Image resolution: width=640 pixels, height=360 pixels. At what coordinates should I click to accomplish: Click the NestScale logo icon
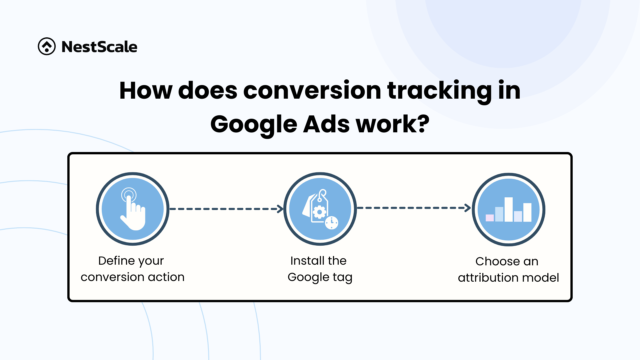47,46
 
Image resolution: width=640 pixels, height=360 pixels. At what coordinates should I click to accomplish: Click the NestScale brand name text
99,47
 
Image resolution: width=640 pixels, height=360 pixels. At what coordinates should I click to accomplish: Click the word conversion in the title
312,90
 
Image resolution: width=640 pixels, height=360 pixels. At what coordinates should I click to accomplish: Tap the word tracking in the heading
439,91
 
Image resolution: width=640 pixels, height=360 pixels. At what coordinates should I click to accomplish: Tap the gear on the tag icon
319,212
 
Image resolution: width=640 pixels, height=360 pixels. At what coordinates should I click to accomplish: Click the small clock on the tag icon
332,223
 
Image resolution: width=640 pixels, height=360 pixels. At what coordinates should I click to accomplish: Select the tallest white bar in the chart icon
508,209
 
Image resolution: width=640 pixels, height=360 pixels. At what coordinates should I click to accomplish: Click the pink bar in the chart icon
490,218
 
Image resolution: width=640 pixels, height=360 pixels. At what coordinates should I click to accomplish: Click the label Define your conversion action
132,269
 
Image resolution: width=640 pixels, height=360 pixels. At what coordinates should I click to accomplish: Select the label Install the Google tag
320,269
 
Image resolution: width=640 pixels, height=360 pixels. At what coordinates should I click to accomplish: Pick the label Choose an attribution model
508,269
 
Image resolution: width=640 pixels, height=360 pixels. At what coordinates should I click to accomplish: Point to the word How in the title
146,90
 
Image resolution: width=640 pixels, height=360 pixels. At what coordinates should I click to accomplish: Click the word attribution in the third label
488,278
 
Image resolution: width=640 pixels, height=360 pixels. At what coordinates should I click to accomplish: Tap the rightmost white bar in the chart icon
527,212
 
